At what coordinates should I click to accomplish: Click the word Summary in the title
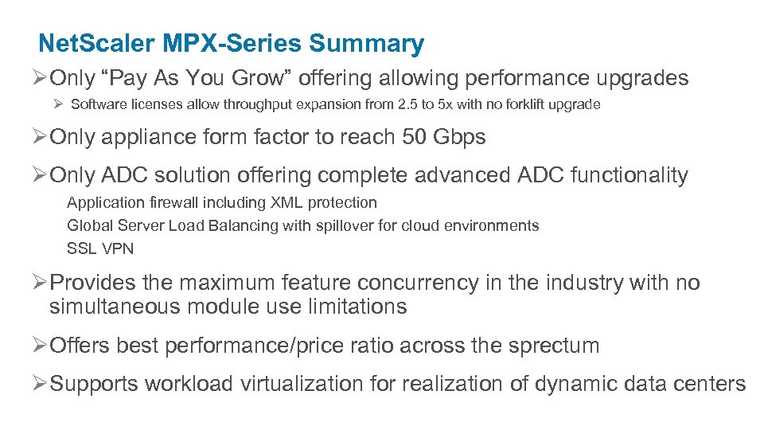367,44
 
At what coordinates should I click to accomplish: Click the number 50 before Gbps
415,137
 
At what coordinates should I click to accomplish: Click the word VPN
118,248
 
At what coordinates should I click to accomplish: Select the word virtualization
302,384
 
